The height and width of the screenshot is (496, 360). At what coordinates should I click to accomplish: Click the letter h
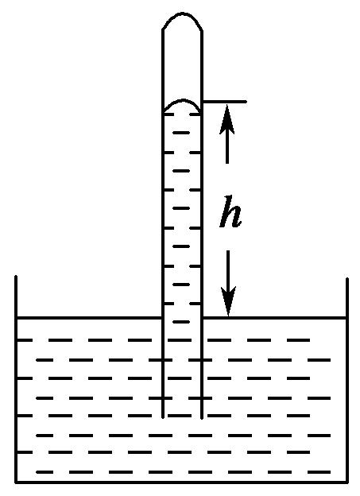pyautogui.click(x=230, y=211)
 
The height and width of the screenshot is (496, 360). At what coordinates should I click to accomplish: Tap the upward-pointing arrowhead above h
pyautogui.click(x=227, y=119)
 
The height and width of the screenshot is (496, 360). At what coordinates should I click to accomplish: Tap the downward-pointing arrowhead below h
pyautogui.click(x=228, y=301)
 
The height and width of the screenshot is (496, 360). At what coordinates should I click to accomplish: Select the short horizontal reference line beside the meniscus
pyautogui.click(x=224, y=102)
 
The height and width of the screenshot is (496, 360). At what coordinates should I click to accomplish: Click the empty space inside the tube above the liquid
pyautogui.click(x=183, y=64)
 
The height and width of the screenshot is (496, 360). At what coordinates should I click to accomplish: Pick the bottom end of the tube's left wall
pyautogui.click(x=163, y=417)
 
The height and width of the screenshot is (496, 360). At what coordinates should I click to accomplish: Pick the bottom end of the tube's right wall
pyautogui.click(x=202, y=418)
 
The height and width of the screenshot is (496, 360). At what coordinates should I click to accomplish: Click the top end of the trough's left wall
pyautogui.click(x=16, y=277)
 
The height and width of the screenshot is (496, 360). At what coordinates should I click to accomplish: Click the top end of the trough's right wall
pyautogui.click(x=347, y=279)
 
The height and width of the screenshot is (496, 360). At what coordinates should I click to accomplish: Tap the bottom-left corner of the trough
pyautogui.click(x=16, y=482)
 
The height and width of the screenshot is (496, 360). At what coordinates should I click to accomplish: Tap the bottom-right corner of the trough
pyautogui.click(x=347, y=482)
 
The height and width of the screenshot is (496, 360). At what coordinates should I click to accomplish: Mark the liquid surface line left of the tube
pyautogui.click(x=89, y=317)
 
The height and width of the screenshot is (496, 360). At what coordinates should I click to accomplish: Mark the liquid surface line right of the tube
pyautogui.click(x=275, y=317)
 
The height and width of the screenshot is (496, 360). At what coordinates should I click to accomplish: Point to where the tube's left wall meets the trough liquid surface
pyautogui.click(x=163, y=317)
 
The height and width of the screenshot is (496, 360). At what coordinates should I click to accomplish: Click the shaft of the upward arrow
pyautogui.click(x=227, y=148)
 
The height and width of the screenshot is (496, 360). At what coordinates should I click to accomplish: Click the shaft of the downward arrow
pyautogui.click(x=228, y=269)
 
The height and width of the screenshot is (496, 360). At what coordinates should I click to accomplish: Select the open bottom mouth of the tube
pyautogui.click(x=183, y=418)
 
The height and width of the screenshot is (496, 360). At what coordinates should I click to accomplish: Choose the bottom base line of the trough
pyautogui.click(x=181, y=482)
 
